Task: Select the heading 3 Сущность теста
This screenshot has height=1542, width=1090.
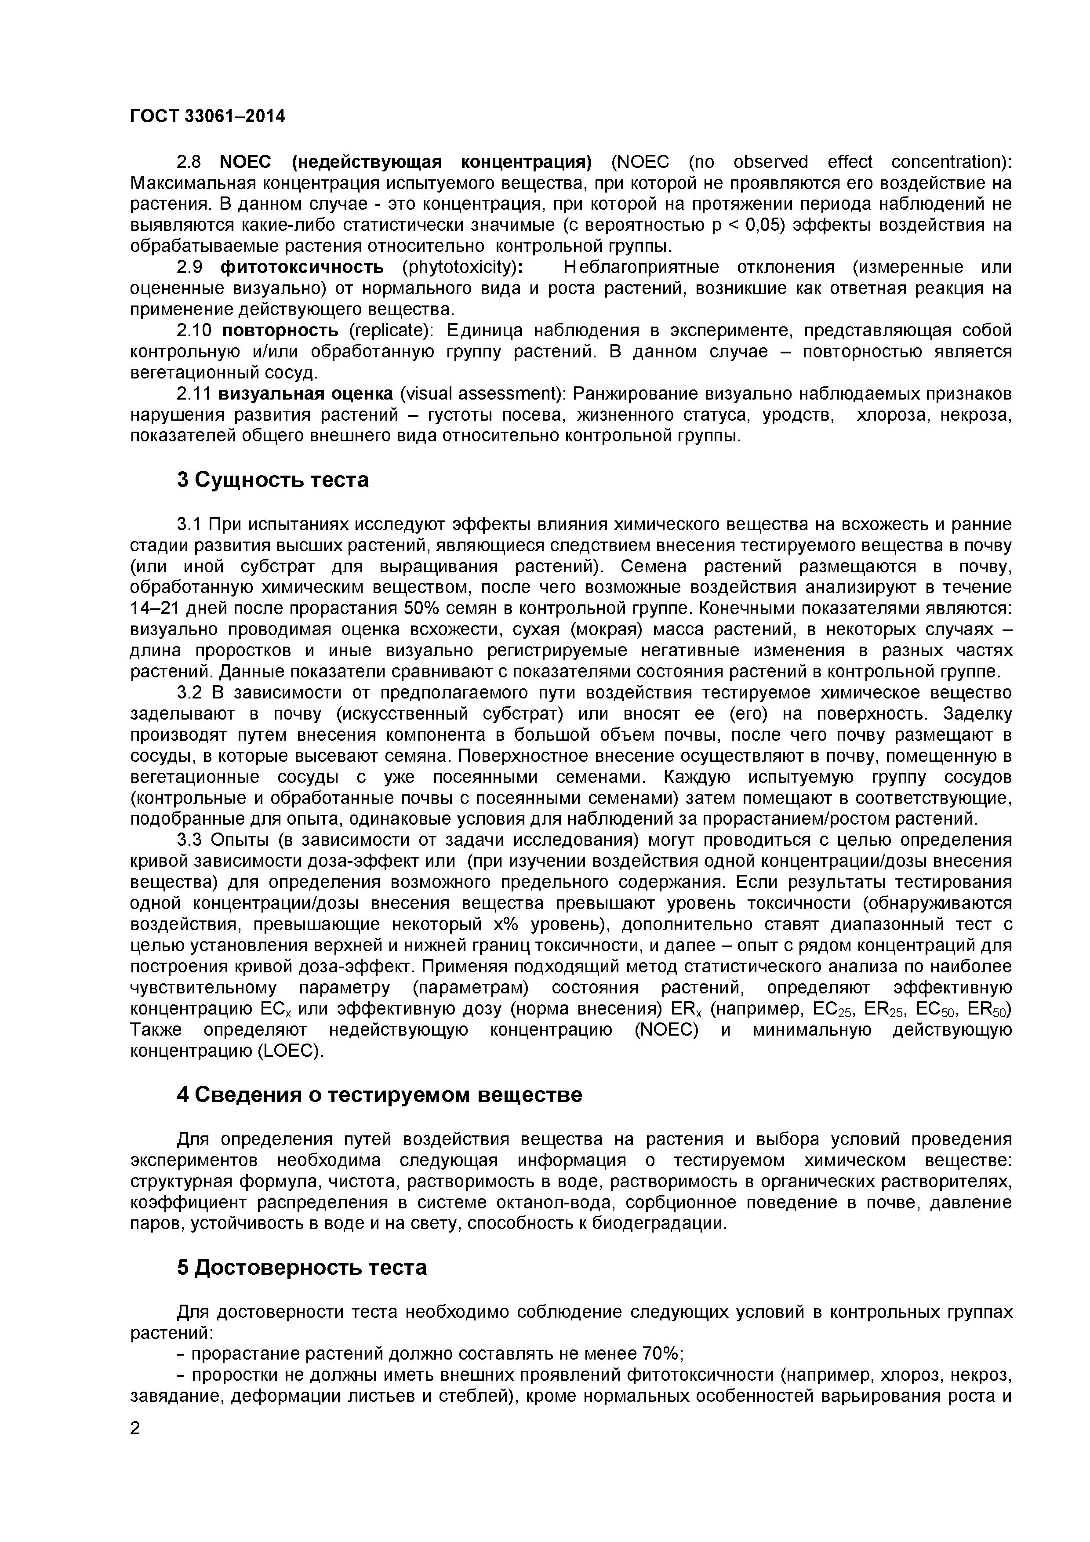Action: [272, 480]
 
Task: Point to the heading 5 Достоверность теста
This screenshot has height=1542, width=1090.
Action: [302, 1267]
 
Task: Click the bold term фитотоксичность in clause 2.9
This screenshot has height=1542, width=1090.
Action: [302, 267]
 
